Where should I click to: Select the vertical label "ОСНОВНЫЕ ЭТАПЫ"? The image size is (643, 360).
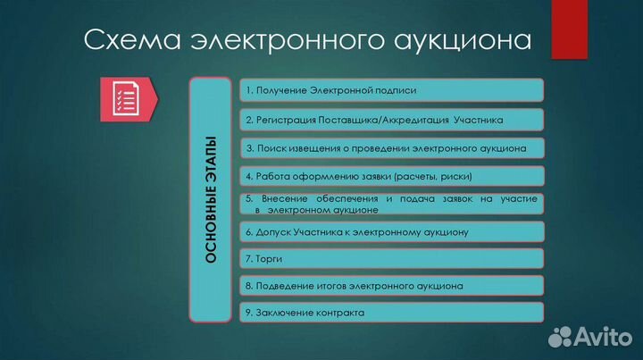coord(211,199)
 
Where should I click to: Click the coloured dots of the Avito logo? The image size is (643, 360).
coord(562,336)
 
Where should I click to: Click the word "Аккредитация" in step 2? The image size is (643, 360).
coord(420,119)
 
